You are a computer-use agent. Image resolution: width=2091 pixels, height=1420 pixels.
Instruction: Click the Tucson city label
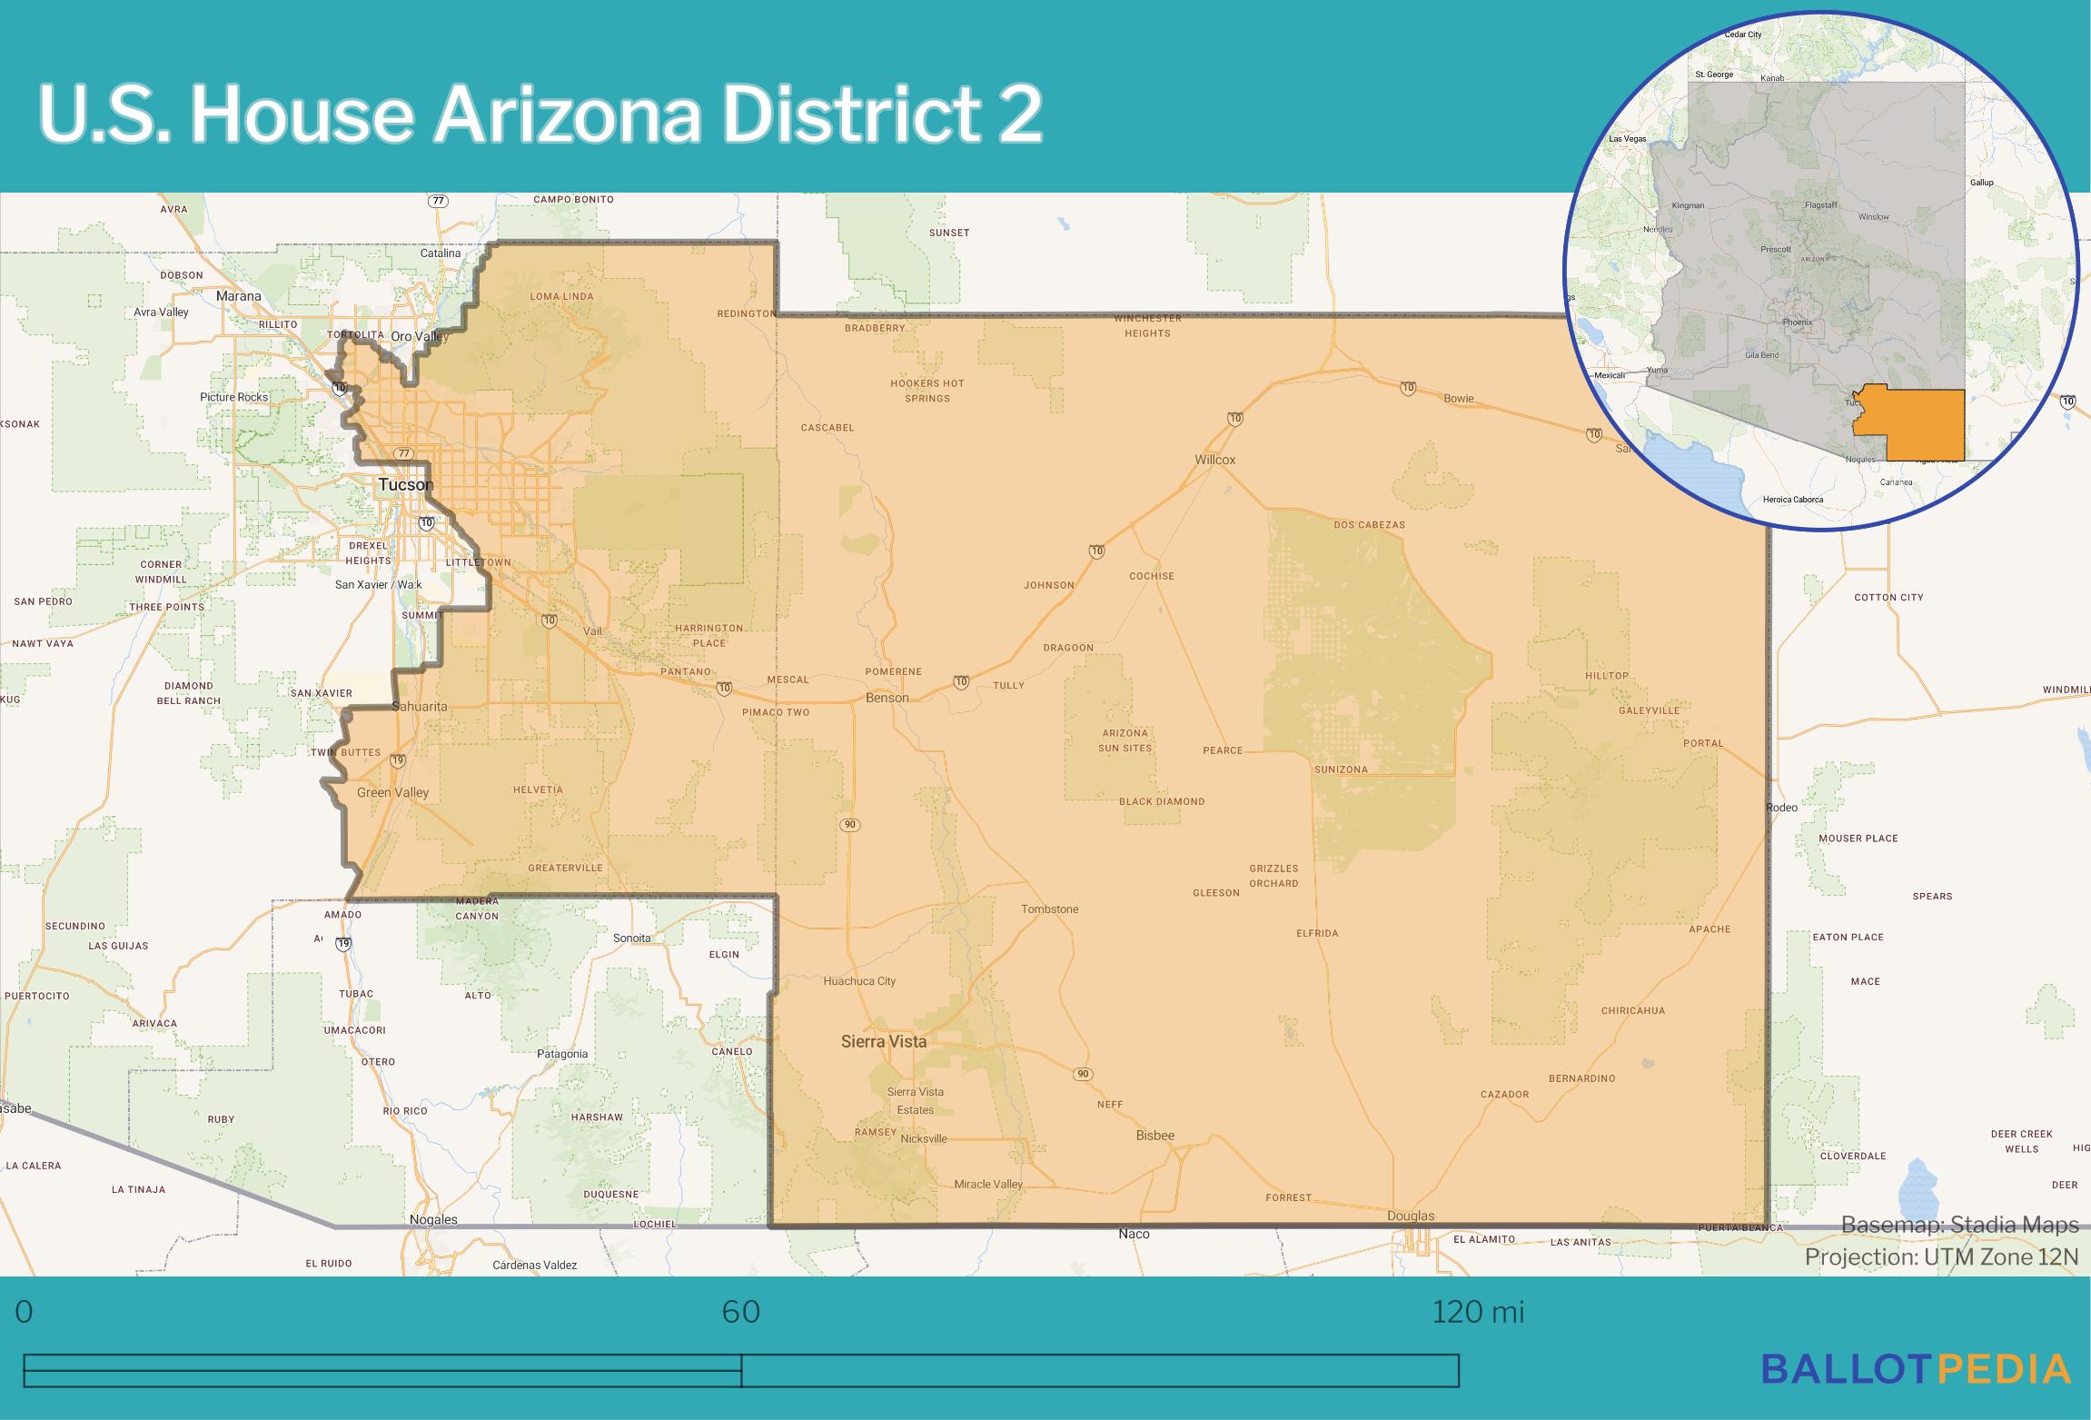pos(405,484)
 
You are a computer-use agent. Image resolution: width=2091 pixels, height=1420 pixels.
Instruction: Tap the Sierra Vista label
pos(883,1041)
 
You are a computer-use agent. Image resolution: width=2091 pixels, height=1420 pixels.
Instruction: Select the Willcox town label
pos(1214,460)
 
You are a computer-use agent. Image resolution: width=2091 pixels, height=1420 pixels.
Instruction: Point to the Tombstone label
pos(1049,909)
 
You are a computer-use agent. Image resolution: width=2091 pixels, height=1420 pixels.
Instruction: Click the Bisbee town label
pos(1155,1135)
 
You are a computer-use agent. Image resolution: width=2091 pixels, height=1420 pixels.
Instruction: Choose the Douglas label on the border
pos(1411,1216)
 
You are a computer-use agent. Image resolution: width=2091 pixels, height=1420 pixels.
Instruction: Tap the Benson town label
pos(887,698)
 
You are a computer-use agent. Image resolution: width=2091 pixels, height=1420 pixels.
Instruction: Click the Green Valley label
pos(392,792)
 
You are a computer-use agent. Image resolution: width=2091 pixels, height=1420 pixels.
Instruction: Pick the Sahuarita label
pos(419,706)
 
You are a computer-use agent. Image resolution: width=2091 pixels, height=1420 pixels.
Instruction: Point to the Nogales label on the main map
pos(433,1219)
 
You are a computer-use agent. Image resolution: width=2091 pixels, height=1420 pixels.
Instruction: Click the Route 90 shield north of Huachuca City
pos(849,825)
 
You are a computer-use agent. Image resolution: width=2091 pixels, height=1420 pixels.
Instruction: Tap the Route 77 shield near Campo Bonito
pos(439,201)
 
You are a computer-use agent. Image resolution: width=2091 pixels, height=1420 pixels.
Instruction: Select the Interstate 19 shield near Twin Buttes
pos(397,760)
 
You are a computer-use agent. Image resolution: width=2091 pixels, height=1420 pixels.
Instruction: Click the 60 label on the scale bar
pos(740,1312)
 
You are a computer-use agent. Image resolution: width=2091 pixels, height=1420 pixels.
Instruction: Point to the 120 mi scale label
pos(1478,1312)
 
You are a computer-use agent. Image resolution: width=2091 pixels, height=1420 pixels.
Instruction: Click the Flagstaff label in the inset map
pos(1820,205)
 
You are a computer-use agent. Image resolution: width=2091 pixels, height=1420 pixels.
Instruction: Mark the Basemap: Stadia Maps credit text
pos(1959,1226)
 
